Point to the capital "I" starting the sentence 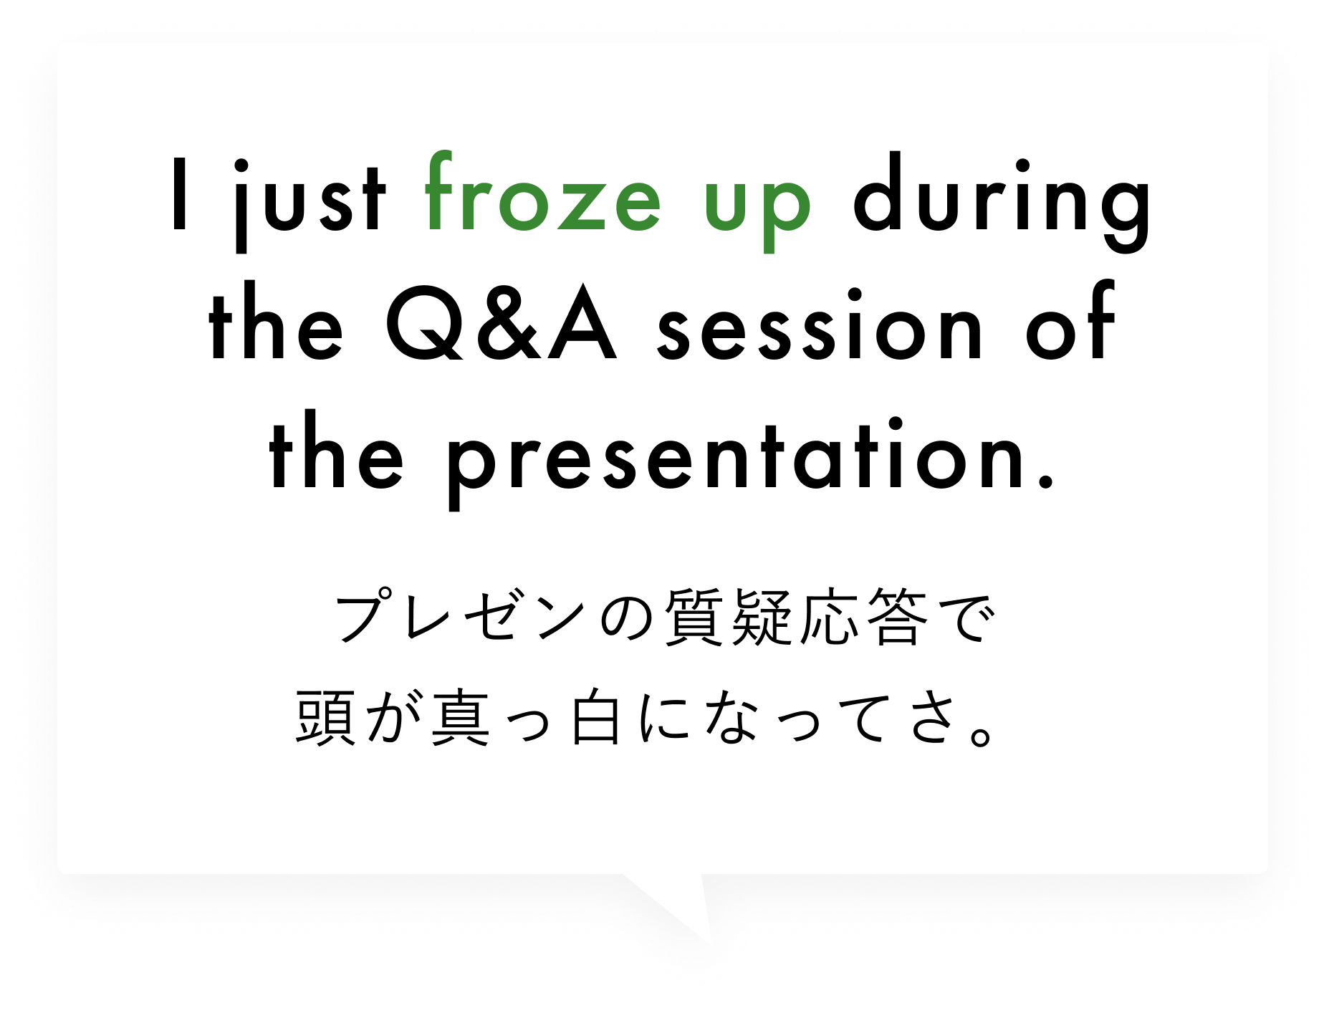pyautogui.click(x=181, y=194)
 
